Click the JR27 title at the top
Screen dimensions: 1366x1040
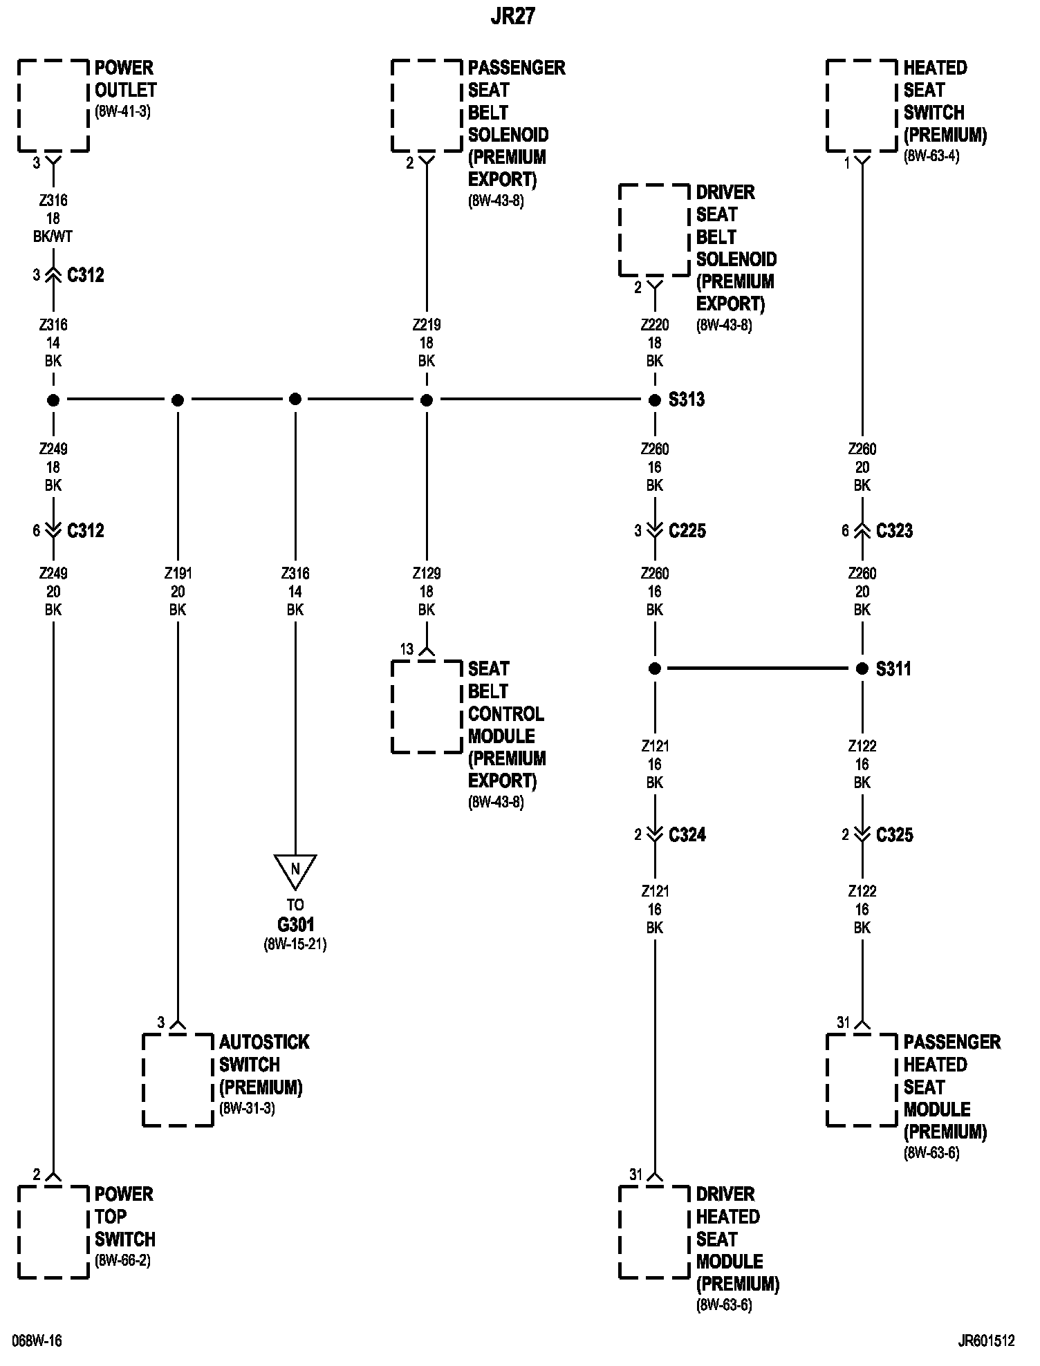(513, 17)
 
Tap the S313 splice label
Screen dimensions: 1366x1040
(686, 400)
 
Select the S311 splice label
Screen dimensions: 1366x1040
(893, 668)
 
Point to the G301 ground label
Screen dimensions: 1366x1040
(295, 924)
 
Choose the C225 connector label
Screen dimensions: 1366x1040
(687, 531)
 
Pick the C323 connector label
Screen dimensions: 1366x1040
(894, 531)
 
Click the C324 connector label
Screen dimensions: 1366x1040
(687, 834)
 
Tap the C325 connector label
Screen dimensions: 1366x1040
(894, 834)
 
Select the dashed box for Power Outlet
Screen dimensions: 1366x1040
(53, 105)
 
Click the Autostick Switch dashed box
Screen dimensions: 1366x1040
(178, 1080)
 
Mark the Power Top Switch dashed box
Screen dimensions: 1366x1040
(53, 1232)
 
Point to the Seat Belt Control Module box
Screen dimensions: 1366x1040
(427, 707)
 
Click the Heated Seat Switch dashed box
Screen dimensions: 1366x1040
(862, 105)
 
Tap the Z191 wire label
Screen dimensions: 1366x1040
(178, 573)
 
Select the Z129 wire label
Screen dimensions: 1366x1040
(427, 573)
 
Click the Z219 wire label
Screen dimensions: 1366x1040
(427, 324)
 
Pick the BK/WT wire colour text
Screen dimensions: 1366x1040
(53, 236)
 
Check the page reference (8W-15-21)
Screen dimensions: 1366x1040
(295, 944)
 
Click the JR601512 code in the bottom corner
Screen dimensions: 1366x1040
(986, 1340)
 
